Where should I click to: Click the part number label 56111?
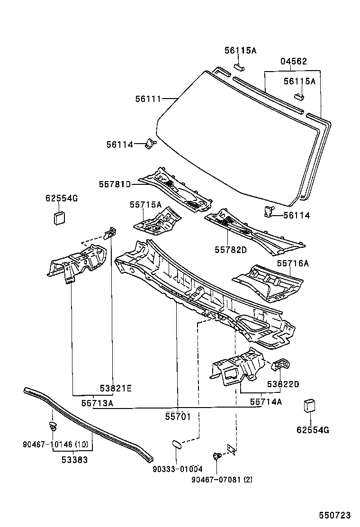148,99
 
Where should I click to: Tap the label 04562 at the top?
293,62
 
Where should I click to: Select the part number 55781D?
115,184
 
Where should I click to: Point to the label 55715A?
146,204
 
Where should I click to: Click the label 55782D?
231,250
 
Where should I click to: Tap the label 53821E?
115,388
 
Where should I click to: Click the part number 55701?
178,417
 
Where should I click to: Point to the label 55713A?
97,403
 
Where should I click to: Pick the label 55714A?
266,402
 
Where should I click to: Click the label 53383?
74,459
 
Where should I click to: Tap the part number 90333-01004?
178,469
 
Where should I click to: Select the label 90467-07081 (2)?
222,479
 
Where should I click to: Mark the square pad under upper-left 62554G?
59,218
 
